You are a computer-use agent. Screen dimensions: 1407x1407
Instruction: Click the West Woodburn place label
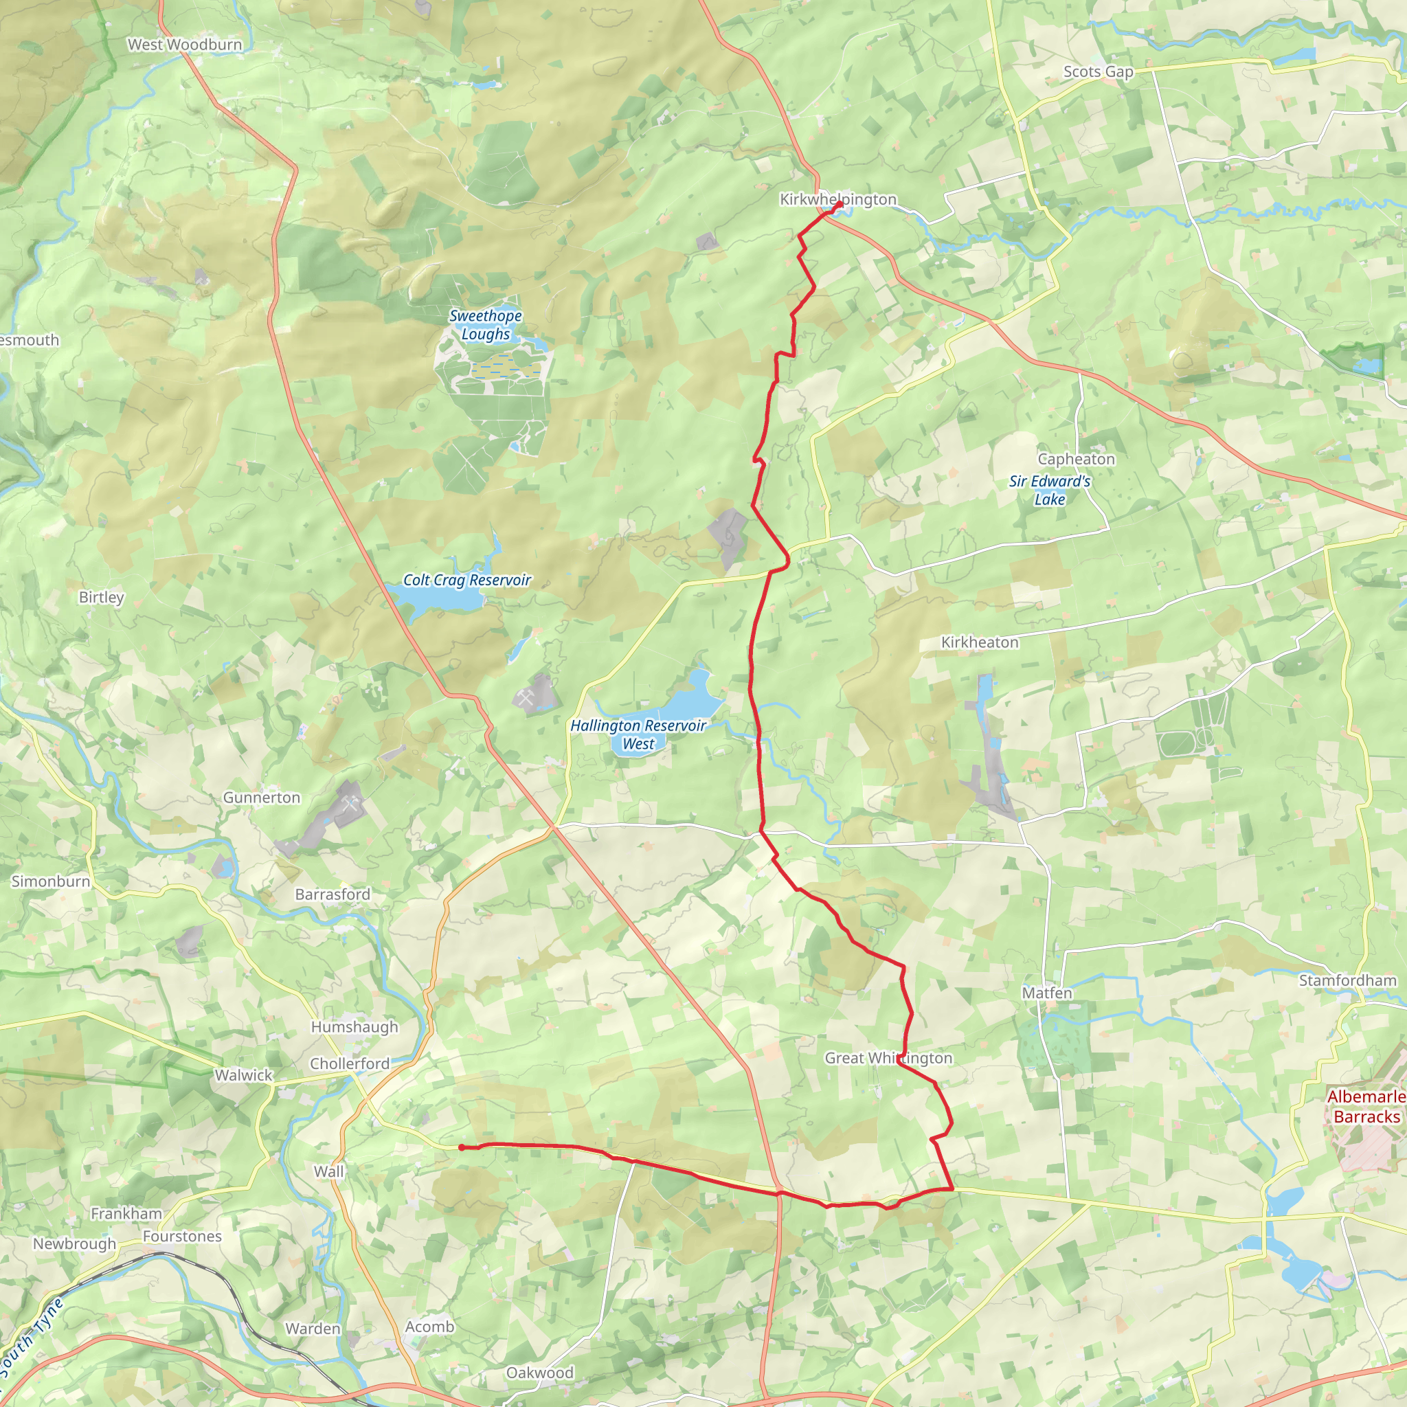pos(184,45)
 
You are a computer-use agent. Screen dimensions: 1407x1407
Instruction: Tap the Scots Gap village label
pos(1099,71)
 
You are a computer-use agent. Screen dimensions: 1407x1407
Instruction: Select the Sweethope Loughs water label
pos(485,325)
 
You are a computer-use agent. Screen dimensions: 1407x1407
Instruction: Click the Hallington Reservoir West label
pos(638,734)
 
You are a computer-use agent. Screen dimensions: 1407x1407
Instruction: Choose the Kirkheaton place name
pos(980,642)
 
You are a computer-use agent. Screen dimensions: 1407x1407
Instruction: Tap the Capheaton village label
pos(1076,459)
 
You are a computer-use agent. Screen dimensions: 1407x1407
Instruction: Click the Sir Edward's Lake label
pos(1050,490)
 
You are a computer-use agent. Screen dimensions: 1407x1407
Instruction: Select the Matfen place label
pos(1046,993)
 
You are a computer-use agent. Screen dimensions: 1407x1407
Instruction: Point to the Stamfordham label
pos(1347,981)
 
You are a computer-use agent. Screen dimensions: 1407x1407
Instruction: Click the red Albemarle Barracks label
pos(1366,1107)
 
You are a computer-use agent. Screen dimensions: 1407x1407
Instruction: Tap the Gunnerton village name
pos(262,798)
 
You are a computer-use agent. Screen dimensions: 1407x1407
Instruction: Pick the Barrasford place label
pos(332,894)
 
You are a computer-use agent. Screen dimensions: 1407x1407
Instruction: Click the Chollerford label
pos(350,1063)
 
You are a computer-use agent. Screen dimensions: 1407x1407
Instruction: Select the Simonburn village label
pos(51,881)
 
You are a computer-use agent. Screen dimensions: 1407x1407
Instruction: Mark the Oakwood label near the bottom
pos(539,1373)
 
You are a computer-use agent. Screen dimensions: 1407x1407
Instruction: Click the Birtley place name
pos(101,597)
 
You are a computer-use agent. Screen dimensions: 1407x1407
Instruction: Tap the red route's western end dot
pos(462,1148)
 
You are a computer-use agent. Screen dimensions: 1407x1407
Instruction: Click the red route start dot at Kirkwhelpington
pos(839,205)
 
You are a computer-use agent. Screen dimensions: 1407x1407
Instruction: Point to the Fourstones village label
pos(182,1237)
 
